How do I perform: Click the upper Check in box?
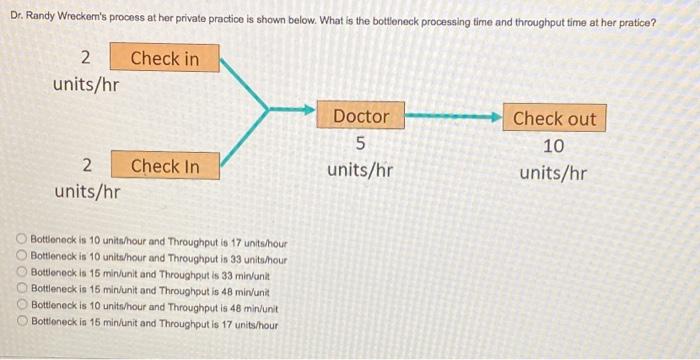(164, 58)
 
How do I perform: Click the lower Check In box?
(164, 166)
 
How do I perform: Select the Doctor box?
(360, 117)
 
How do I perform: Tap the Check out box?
(553, 118)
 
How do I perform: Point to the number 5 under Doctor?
(360, 145)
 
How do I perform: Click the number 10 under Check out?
(553, 146)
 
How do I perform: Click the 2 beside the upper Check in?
(86, 58)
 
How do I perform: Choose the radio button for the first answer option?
(22, 243)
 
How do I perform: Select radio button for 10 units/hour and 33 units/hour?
(22, 257)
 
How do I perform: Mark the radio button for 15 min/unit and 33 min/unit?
(22, 271)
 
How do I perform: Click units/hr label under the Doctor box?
(360, 171)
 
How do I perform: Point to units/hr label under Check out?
(553, 173)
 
